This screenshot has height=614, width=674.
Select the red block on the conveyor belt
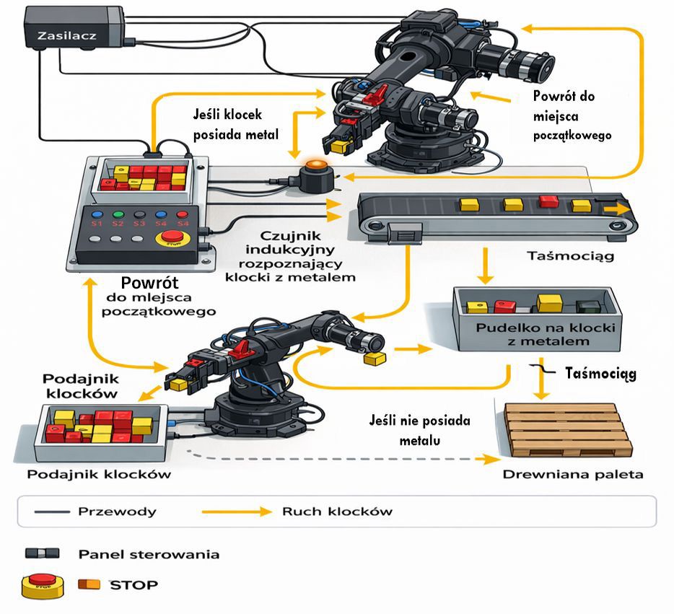click(548, 202)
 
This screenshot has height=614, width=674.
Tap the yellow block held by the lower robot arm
click(375, 358)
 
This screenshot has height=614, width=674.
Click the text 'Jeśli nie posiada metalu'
click(419, 429)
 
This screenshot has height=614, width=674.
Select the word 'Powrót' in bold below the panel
click(149, 283)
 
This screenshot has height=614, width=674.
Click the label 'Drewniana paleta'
click(572, 474)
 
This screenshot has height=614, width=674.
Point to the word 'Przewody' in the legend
click(115, 512)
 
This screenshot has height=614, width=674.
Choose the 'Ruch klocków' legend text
click(333, 512)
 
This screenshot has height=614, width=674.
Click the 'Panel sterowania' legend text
click(148, 554)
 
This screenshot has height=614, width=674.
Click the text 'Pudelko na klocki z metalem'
click(538, 334)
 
